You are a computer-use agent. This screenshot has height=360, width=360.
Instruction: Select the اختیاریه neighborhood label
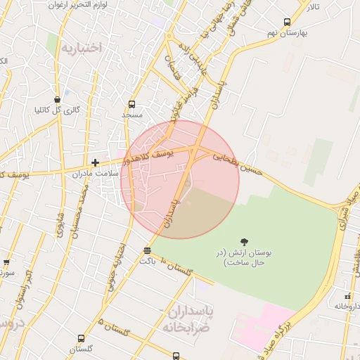tap(81, 48)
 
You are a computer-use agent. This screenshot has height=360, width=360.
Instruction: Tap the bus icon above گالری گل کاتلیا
tap(57, 100)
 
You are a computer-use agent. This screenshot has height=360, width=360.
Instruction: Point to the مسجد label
tap(131, 114)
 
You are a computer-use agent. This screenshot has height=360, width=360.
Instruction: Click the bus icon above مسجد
tap(131, 104)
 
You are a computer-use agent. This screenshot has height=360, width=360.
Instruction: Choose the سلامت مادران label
tap(90, 172)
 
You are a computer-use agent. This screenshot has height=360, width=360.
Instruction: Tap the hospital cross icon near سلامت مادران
tap(95, 162)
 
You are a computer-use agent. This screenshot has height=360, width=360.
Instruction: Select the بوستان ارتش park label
tap(243, 257)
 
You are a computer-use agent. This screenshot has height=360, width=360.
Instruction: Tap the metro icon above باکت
tap(147, 251)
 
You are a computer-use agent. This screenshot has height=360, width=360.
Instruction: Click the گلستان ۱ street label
tap(176, 270)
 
